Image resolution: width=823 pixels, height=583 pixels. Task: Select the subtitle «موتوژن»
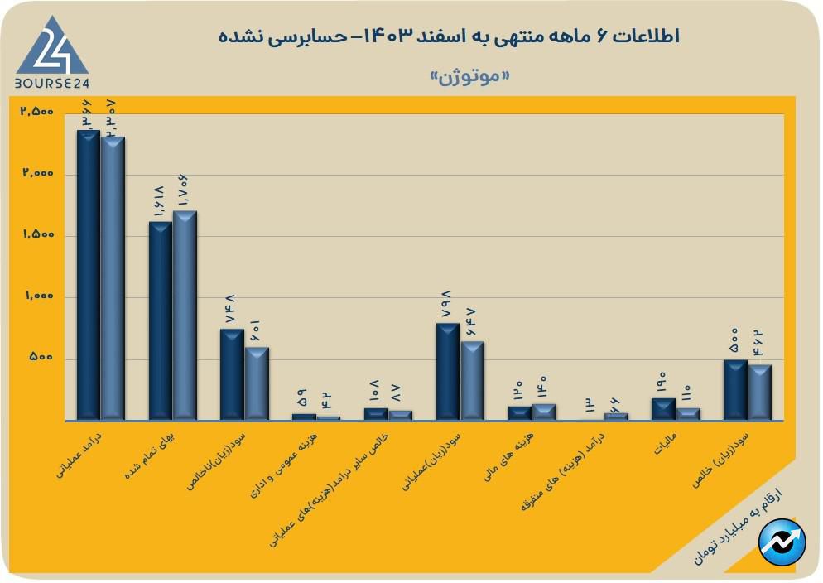tap(469, 76)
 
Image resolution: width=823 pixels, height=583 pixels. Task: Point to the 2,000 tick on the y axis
tap(38, 174)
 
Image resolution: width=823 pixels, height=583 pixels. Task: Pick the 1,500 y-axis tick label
tap(38, 235)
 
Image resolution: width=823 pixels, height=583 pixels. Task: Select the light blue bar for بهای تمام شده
tap(185, 316)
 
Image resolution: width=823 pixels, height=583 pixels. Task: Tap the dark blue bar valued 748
tap(232, 374)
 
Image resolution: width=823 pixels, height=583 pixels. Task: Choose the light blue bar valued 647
tap(472, 381)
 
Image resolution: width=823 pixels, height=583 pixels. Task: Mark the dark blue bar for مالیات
tap(663, 409)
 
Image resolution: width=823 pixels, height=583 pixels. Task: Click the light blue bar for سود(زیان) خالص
tap(759, 393)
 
